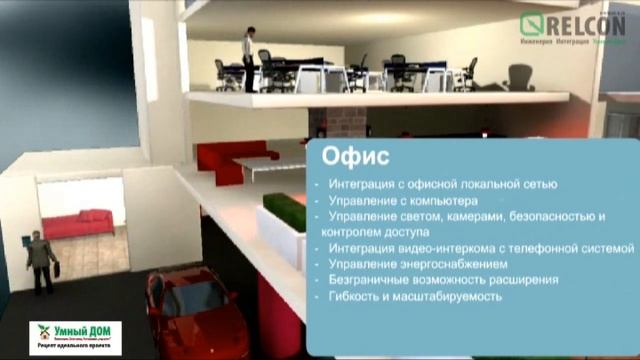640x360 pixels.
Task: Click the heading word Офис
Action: point(348,158)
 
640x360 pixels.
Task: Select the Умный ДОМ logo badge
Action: point(75,338)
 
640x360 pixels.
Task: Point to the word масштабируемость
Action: point(451,296)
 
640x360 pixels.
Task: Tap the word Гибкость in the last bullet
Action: point(351,296)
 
